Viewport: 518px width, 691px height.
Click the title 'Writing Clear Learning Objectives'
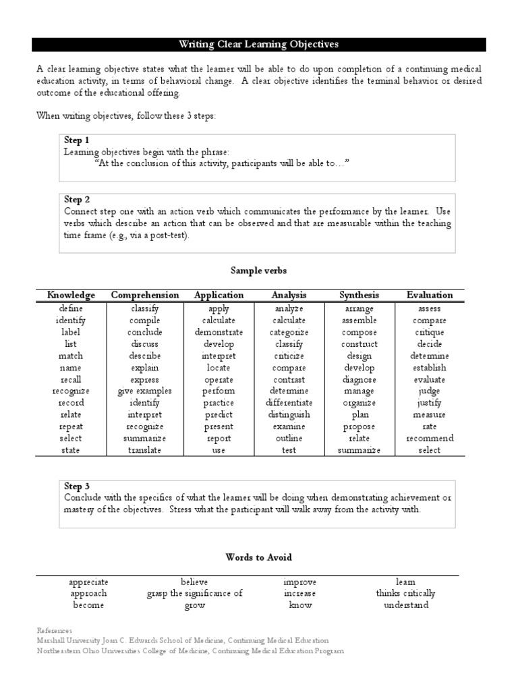coord(258,45)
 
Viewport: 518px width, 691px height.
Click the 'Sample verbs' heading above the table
coord(258,270)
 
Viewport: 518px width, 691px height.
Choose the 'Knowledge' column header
coord(71,295)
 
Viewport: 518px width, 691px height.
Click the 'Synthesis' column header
coord(359,295)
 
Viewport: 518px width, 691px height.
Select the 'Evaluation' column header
coord(430,295)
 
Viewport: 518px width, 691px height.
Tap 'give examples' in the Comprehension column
coord(145,391)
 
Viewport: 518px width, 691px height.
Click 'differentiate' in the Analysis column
coord(289,403)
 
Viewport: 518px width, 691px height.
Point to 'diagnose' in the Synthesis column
coord(359,379)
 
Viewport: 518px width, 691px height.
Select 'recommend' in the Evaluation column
coord(430,439)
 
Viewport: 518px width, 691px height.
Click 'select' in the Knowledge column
coord(71,439)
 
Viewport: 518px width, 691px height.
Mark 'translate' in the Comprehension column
coord(145,450)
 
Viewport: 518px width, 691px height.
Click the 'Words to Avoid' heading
coord(258,557)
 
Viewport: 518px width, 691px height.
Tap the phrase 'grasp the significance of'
coord(195,594)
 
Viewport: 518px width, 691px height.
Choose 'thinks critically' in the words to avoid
coord(405,594)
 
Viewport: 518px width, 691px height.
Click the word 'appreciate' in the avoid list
coord(88,582)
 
